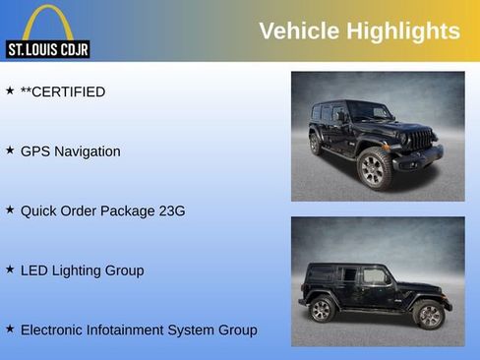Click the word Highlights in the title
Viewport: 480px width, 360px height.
click(402, 30)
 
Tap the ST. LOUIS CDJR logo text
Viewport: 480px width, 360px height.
click(47, 49)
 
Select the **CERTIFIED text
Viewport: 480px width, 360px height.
click(63, 91)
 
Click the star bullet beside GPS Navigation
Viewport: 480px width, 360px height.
click(10, 150)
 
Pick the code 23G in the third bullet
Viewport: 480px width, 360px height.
click(172, 210)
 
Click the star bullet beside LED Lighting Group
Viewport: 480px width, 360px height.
click(10, 269)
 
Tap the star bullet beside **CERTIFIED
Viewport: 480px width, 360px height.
click(10, 90)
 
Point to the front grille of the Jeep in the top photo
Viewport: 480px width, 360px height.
click(420, 140)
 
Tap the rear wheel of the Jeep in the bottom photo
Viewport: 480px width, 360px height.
click(321, 310)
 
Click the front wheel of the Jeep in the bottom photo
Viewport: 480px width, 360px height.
click(428, 315)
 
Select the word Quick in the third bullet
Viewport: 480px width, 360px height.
click(38, 210)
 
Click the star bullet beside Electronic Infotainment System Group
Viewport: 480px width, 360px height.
click(10, 329)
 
